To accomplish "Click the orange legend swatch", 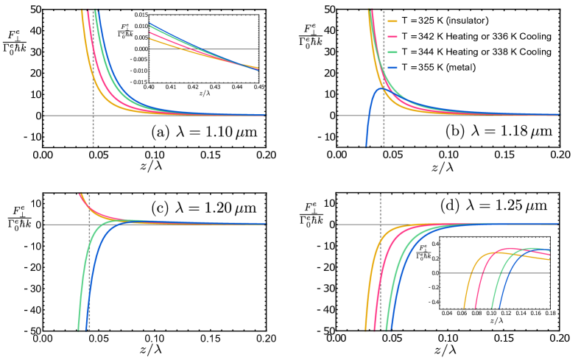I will point(392,21).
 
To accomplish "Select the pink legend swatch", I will point(392,37).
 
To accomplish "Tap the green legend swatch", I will point(392,52).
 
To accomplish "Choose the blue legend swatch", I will point(392,68).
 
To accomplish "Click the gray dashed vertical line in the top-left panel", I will point(93,125).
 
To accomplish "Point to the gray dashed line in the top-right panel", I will point(384,125).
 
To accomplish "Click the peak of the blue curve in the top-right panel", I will point(381,89).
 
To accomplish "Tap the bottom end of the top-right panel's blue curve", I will point(366,145).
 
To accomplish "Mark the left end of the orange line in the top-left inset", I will point(150,38).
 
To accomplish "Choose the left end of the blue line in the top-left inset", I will point(150,24).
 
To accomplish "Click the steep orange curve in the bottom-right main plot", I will point(368,294).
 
